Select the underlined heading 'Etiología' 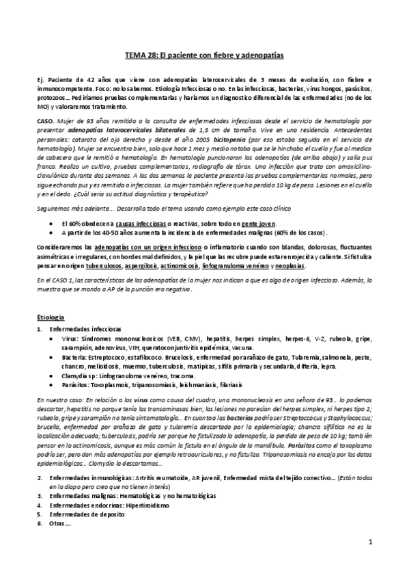tap(51, 317)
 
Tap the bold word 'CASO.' tap(46, 119)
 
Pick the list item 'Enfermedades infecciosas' tap(83, 329)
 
